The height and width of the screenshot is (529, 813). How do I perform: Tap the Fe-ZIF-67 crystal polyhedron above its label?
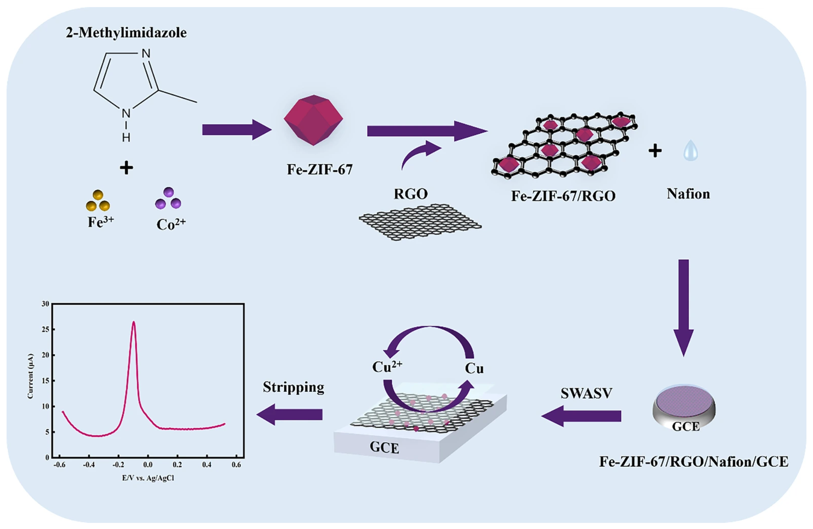pos(313,120)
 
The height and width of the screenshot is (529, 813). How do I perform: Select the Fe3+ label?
pos(100,222)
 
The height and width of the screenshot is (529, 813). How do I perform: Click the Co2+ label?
pos(171,224)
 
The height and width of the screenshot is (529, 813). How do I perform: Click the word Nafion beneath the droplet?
pos(688,194)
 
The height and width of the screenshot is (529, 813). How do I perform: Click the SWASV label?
pos(587,393)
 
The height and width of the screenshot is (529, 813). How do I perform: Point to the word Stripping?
pos(293,387)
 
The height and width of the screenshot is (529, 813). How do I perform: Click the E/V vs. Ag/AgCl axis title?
pos(148,478)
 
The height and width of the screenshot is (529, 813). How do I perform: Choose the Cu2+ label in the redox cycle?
pos(387,367)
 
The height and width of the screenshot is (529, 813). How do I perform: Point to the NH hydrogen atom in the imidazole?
pos(126,138)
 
